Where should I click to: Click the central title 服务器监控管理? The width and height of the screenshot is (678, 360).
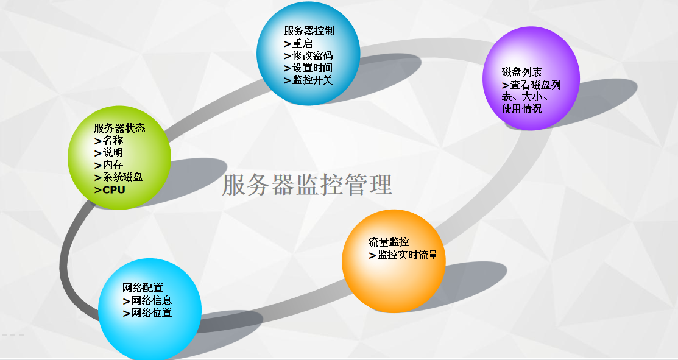click(306, 185)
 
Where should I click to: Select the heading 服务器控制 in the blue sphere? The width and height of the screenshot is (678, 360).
click(309, 30)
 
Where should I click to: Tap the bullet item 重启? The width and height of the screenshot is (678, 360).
click(302, 43)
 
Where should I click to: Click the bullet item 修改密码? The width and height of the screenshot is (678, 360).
click(313, 55)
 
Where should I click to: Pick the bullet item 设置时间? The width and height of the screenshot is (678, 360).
click(313, 68)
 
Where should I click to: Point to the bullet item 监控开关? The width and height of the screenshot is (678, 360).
click(313, 80)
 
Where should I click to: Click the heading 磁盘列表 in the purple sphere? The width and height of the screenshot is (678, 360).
click(522, 72)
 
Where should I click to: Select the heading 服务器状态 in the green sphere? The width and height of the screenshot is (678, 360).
click(119, 128)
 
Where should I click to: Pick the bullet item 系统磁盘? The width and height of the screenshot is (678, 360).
click(123, 177)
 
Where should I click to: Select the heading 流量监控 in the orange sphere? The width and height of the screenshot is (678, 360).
click(389, 242)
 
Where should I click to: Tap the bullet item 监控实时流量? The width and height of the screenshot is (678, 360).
click(408, 255)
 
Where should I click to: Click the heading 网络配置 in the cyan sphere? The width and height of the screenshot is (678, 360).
click(143, 288)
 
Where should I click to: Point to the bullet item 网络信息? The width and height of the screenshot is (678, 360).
click(152, 300)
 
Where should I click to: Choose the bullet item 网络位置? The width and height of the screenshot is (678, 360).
click(152, 312)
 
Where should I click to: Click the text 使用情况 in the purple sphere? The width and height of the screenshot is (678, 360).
click(522, 109)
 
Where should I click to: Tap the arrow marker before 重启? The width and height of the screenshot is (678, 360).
click(287, 44)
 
